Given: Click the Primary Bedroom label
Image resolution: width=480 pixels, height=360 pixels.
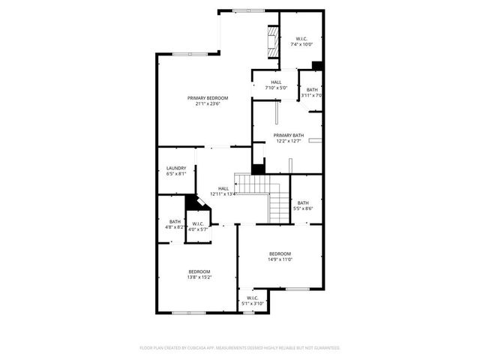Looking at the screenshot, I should [x=208, y=98].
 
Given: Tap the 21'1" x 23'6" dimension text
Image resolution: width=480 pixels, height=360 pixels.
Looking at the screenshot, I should [x=208, y=104].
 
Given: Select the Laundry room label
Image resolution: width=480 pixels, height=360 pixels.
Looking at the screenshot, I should [x=176, y=168].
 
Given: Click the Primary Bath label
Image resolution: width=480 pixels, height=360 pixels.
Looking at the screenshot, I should [x=288, y=135].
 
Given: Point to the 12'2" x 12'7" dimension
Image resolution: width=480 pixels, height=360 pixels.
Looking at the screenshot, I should [x=288, y=141].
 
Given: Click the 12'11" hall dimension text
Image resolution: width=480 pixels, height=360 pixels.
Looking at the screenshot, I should [x=223, y=194].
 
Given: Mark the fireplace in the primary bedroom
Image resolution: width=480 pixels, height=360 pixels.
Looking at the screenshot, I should [x=274, y=43].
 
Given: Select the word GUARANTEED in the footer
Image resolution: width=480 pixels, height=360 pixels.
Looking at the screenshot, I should [x=323, y=348].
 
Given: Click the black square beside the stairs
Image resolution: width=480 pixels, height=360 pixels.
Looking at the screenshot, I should [x=258, y=169].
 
